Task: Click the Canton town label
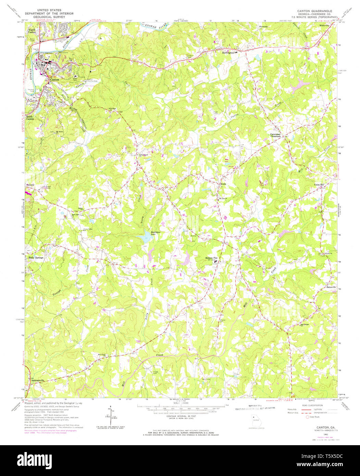coord(55,79)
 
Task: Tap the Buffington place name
coord(228,53)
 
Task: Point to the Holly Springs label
coord(36,258)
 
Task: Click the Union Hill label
coord(319,185)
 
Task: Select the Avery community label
coord(223,184)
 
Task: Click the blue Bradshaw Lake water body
coord(142,237)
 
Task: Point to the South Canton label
coord(30,117)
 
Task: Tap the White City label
coord(324,25)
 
